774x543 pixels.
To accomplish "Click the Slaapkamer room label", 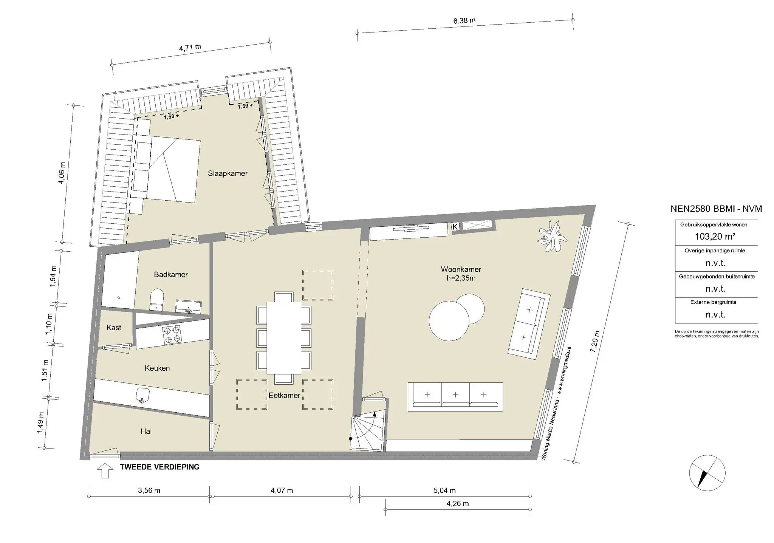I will pos(228,173).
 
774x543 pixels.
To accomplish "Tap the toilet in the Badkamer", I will pos(156,299).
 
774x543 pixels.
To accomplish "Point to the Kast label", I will pos(114,328).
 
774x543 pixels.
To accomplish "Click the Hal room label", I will pos(146,431).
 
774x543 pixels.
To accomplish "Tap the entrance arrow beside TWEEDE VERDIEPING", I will pos(105,471).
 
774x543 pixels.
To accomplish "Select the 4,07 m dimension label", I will pos(282,490).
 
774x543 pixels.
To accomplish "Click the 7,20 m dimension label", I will pos(594,342).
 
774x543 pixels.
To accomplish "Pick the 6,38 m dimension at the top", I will pos(464,21).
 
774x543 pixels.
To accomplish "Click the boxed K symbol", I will pos(455,227).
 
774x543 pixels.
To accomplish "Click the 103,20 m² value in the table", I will pos(715,237).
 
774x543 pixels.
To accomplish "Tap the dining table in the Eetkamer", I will pos(284,337).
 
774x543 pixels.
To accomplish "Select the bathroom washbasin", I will pos(188,306).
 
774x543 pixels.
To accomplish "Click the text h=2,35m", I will pos(461,278).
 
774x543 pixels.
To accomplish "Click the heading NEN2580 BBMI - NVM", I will pos(716,209).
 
